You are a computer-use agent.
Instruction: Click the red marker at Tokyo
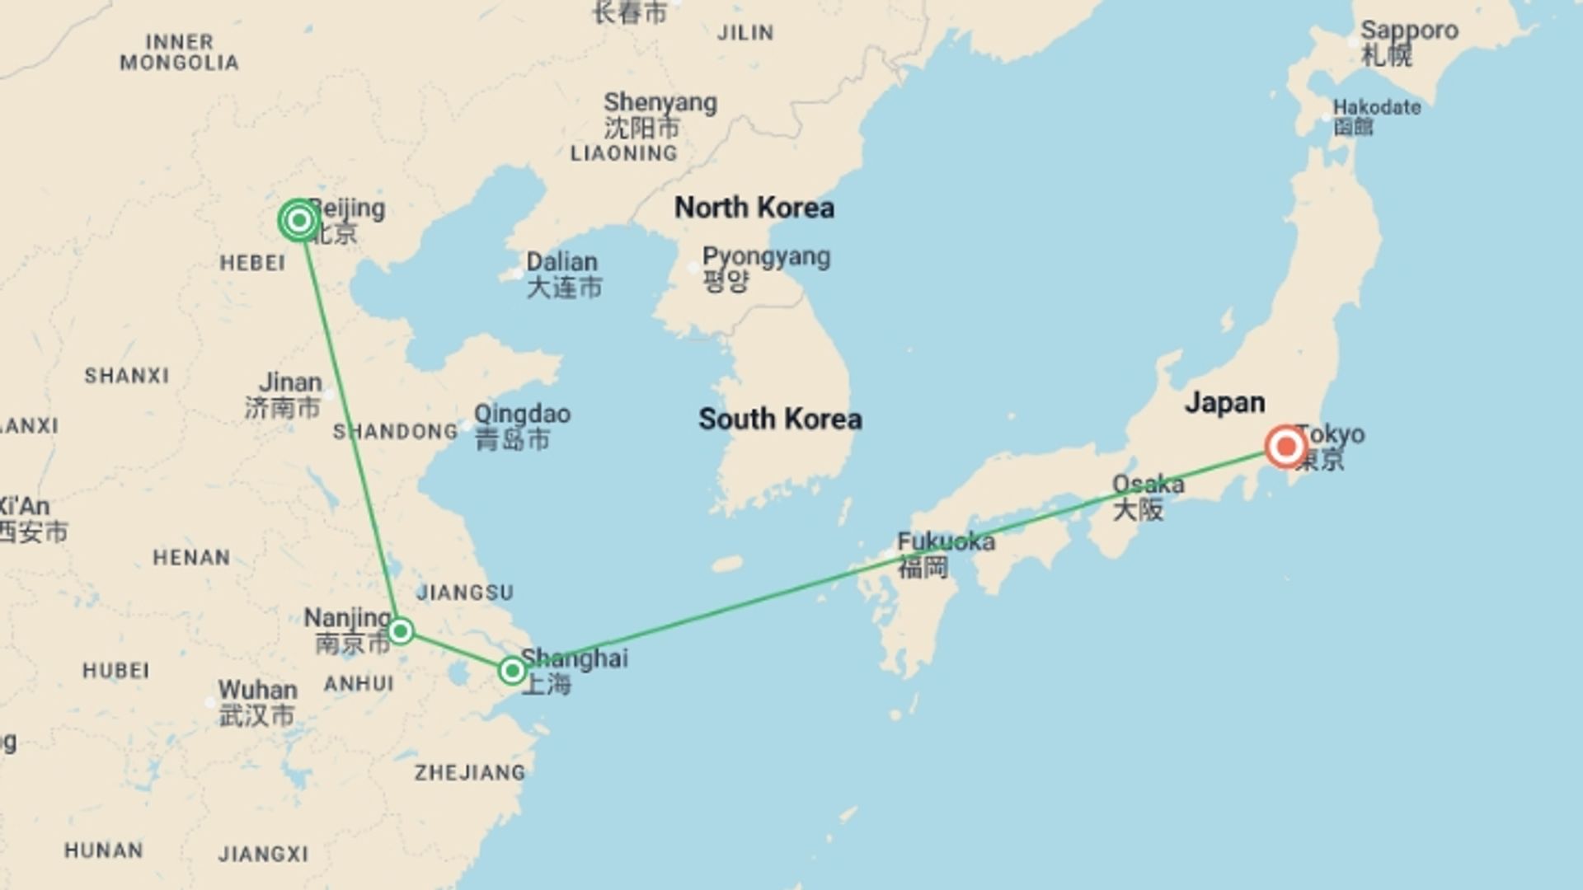click(x=1285, y=447)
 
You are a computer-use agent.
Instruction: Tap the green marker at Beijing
click(x=299, y=220)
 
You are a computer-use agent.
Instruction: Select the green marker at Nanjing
click(x=401, y=631)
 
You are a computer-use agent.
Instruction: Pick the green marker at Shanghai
click(x=512, y=670)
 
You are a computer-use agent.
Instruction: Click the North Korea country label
click(x=754, y=208)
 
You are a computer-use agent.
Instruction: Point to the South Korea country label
click(x=780, y=419)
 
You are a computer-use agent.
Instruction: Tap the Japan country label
click(x=1224, y=403)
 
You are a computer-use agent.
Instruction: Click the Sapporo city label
click(x=1408, y=31)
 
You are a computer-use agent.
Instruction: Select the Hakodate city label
click(x=1376, y=108)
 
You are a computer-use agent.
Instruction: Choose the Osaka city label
click(x=1148, y=485)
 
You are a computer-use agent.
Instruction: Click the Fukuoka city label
click(x=946, y=542)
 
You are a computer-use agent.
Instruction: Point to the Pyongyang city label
click(x=766, y=257)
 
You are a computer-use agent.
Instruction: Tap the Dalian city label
click(x=561, y=262)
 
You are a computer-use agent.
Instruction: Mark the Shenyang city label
click(x=660, y=103)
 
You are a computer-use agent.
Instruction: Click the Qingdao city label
click(x=522, y=414)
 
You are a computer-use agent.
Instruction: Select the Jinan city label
click(x=290, y=382)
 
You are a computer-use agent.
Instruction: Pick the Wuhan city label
click(x=257, y=690)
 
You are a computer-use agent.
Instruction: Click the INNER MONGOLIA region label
click(x=179, y=52)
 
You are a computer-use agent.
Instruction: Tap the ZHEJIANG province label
click(x=469, y=773)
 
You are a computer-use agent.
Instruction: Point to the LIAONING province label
click(x=623, y=153)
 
